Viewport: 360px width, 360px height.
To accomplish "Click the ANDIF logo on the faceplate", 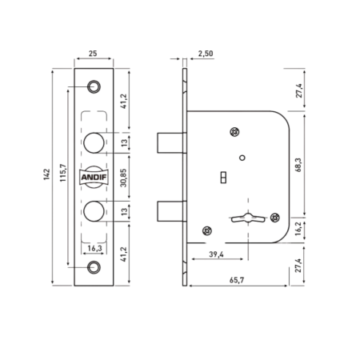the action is [94, 177].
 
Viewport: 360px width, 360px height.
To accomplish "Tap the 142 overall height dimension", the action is [47, 174].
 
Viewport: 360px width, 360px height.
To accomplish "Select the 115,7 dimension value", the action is [63, 173].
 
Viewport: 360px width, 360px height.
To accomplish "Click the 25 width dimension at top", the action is [93, 54].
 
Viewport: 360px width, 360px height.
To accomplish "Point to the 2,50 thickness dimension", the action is [206, 54].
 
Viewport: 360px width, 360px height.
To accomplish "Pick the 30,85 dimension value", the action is [123, 178].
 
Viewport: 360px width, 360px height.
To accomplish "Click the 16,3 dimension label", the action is [94, 249].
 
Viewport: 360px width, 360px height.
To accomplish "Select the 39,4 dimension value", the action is [216, 254].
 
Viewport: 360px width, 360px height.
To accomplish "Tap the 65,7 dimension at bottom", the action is [237, 280].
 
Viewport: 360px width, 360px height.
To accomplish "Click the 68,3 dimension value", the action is [298, 165].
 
